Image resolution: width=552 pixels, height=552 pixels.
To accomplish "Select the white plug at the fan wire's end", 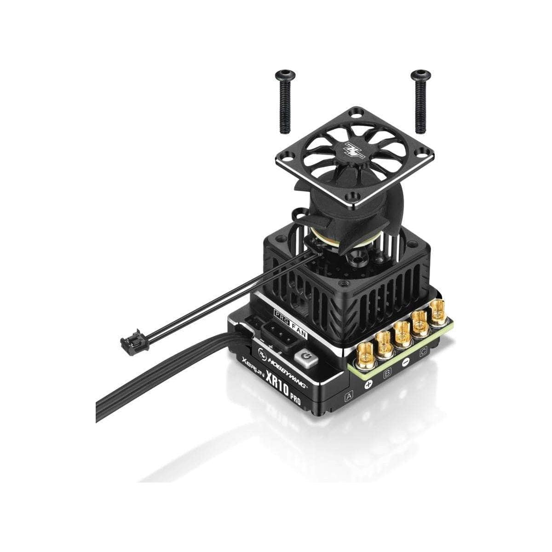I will click(x=127, y=342).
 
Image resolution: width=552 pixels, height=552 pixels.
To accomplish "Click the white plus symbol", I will click(x=368, y=384).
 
